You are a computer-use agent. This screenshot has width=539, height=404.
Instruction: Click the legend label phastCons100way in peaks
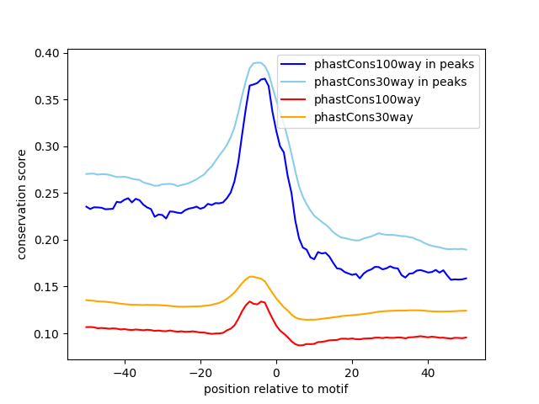coord(394,64)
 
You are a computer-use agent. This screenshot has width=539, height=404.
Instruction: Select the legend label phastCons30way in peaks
coord(391,82)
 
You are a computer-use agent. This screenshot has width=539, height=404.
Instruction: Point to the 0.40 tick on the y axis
coord(48,53)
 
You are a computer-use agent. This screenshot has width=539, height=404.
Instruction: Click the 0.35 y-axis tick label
coord(48,100)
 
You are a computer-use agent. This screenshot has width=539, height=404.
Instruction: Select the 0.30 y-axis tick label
coord(48,146)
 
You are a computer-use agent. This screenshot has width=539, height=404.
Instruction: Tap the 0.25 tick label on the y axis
coord(48,194)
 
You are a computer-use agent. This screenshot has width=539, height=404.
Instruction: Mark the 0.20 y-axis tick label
coord(48,240)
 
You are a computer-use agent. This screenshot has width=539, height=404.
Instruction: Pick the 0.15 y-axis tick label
coord(48,287)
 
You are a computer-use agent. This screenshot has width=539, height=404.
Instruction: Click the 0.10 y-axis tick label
coord(48,334)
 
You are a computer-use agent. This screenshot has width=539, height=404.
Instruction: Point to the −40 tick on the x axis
coord(124,372)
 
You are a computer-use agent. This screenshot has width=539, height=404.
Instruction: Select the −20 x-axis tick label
coord(200,372)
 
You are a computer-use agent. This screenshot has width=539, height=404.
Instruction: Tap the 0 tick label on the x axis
coord(276,372)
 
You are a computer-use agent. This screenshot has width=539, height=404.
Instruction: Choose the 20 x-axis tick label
coord(352,372)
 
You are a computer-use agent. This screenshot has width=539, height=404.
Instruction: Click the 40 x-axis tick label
coord(428,372)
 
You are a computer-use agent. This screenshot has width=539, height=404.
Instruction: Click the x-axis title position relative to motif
coord(275,389)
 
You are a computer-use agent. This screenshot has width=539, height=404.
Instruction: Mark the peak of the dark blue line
coord(264,78)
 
